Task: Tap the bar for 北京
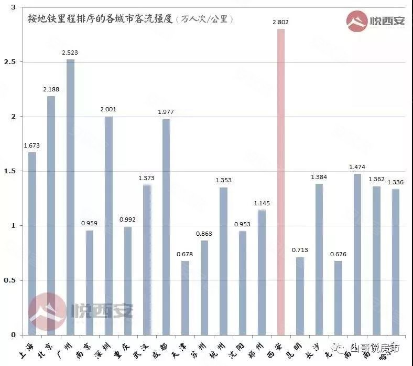tap(51, 215)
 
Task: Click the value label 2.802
tap(281, 22)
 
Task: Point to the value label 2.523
tap(70, 53)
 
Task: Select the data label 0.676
tap(338, 254)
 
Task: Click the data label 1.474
tap(357, 167)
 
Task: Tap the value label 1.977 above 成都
tap(166, 112)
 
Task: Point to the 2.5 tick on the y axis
tap(9, 62)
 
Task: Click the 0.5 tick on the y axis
tap(9, 280)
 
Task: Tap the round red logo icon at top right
tap(357, 21)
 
